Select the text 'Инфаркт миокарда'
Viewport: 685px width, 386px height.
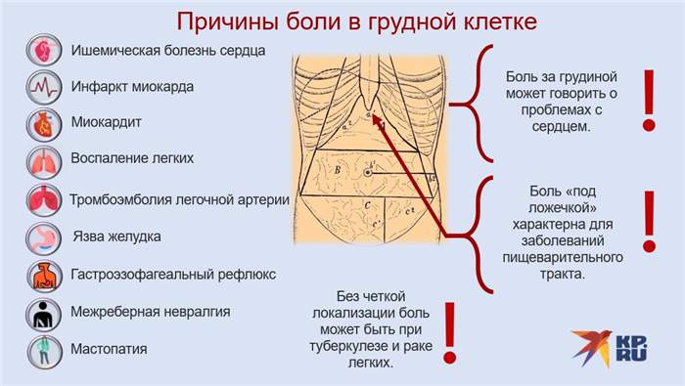[x=132, y=86]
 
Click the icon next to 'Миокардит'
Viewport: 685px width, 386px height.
[x=42, y=123]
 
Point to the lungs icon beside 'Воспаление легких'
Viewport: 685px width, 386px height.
[x=42, y=160]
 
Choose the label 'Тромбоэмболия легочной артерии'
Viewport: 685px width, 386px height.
[x=179, y=199]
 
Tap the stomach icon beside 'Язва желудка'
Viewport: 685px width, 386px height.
[x=42, y=237]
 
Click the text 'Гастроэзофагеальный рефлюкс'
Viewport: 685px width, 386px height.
[x=173, y=275]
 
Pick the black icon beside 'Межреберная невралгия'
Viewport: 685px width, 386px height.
[x=42, y=313]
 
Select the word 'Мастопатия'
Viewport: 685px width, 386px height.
[x=110, y=349]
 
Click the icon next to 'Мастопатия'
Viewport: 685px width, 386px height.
[x=42, y=350]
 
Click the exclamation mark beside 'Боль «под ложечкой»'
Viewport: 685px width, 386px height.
[x=647, y=221]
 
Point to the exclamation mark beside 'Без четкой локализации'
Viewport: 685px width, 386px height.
[x=450, y=332]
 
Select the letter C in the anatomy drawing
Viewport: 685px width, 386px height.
[x=365, y=206]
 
